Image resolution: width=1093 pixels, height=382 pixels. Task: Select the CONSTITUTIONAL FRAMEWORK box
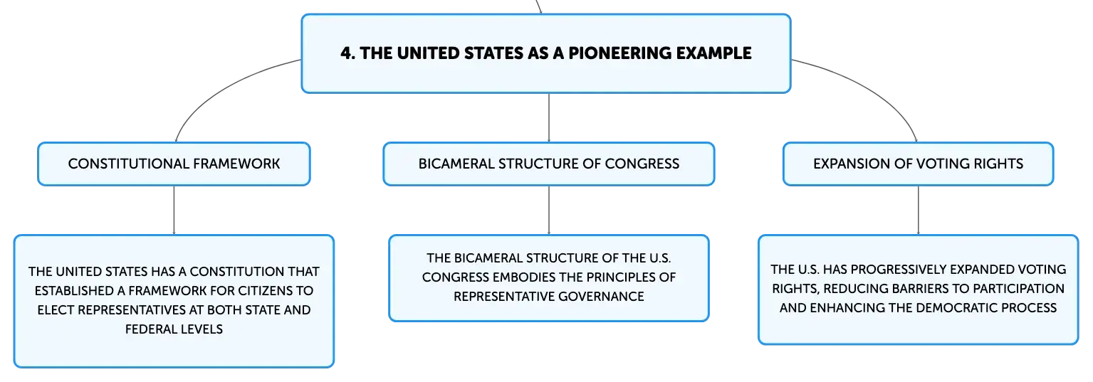click(x=174, y=164)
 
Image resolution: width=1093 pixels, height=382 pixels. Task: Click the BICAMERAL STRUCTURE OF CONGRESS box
click(x=549, y=164)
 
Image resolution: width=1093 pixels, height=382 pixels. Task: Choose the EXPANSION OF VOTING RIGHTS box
click(x=919, y=164)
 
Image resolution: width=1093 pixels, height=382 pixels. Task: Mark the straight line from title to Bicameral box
click(x=549, y=117)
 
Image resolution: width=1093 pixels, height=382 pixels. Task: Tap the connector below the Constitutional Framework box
click(x=174, y=210)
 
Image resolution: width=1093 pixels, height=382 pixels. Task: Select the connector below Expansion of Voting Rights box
click(x=919, y=210)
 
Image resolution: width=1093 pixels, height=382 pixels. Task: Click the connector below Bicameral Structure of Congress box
click(x=549, y=210)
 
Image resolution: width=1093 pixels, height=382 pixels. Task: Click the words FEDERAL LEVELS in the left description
click(x=174, y=329)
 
